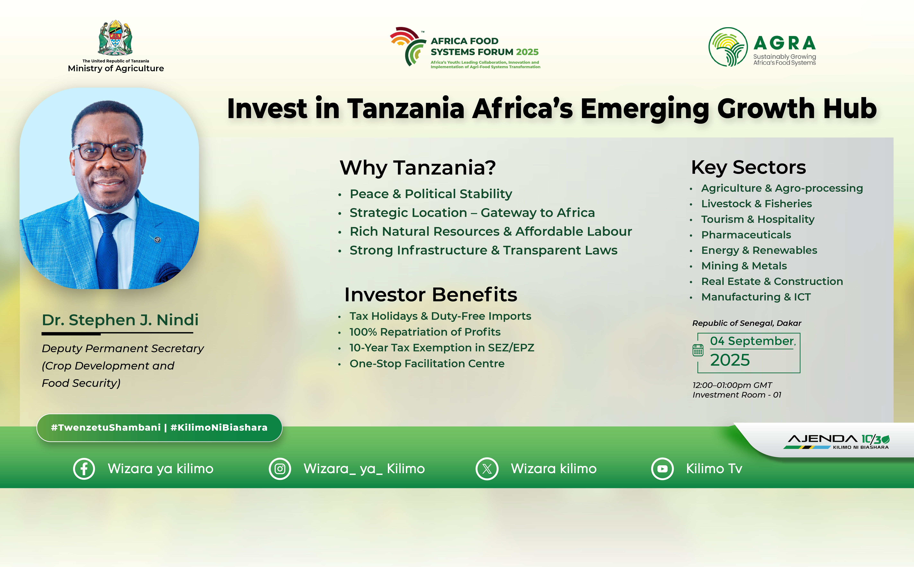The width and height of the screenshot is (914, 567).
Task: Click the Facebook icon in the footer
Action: coord(84,469)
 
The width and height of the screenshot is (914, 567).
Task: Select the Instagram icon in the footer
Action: coord(280,469)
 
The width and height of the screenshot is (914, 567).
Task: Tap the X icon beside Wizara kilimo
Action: coord(487,469)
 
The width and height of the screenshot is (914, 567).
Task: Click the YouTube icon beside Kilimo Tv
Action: coord(663,469)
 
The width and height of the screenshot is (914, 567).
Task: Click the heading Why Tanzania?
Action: coord(418,168)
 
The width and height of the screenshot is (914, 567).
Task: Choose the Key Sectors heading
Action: coord(748,168)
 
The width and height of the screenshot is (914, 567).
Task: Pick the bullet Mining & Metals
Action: coord(744,266)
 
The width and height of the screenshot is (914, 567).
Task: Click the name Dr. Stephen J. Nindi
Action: coord(120,320)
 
